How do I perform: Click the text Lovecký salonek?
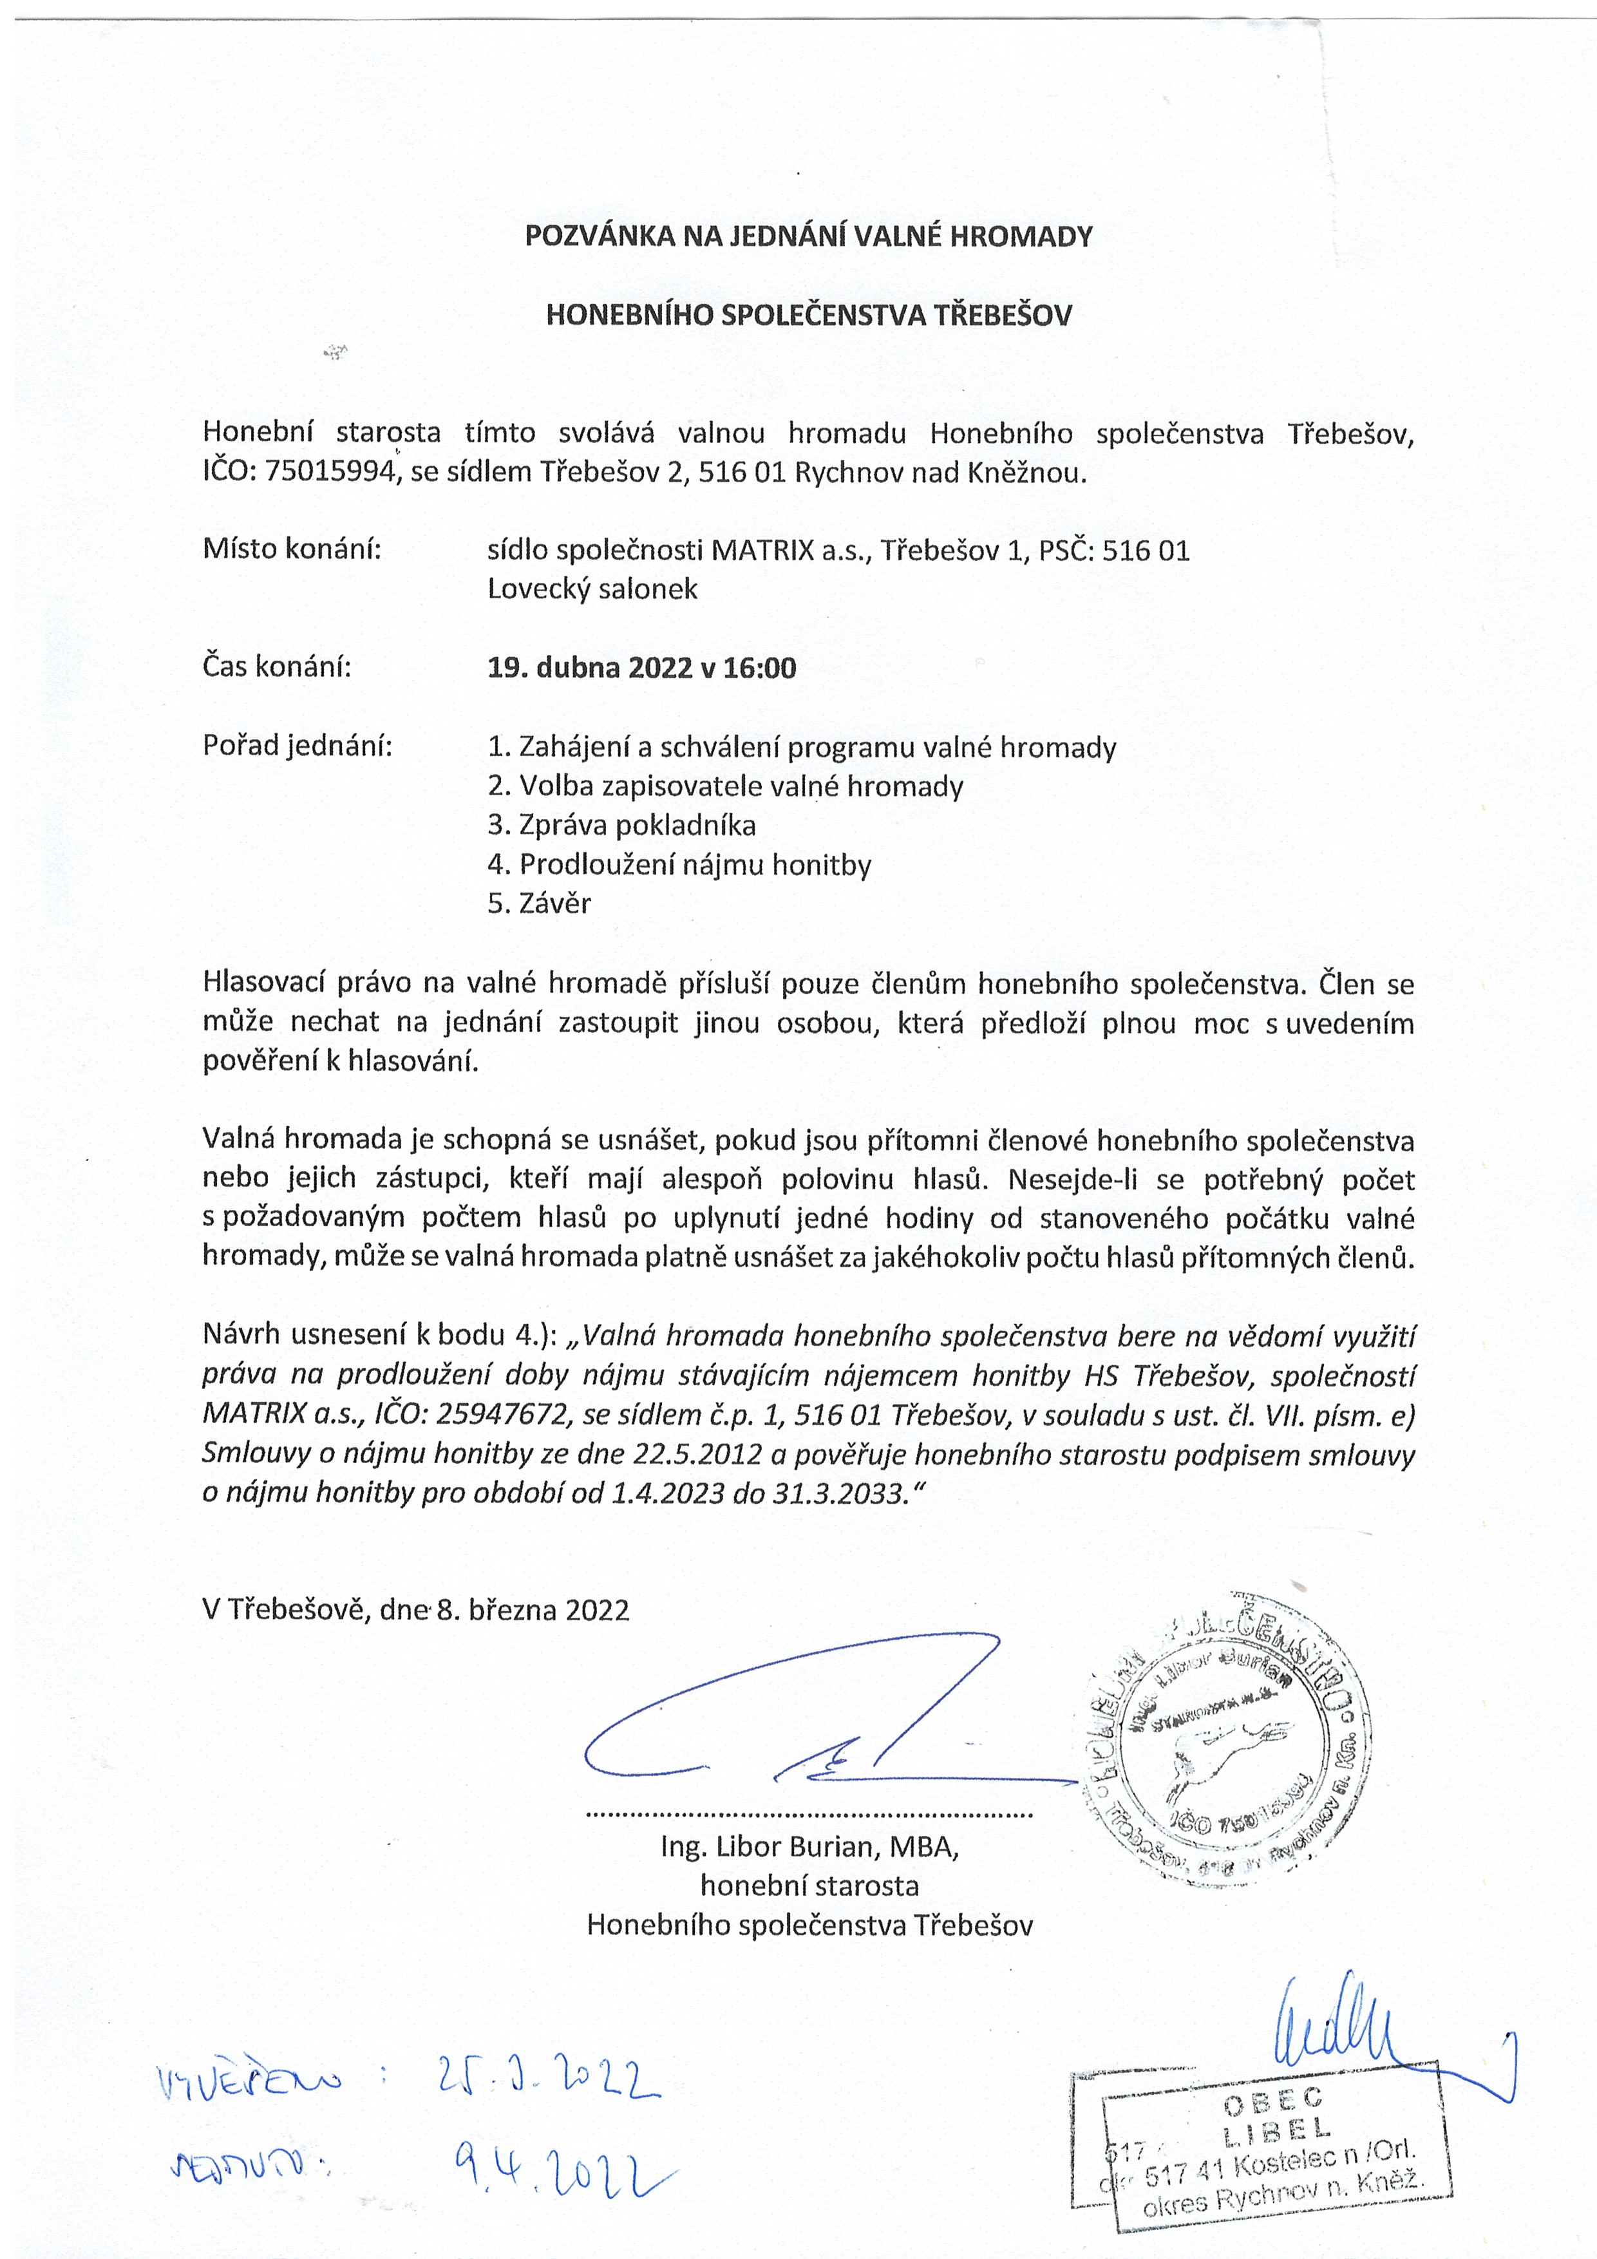pos(592,589)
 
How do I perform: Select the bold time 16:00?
pos(760,668)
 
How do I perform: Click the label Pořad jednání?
pos(297,746)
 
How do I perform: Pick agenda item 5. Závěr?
pos(539,903)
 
